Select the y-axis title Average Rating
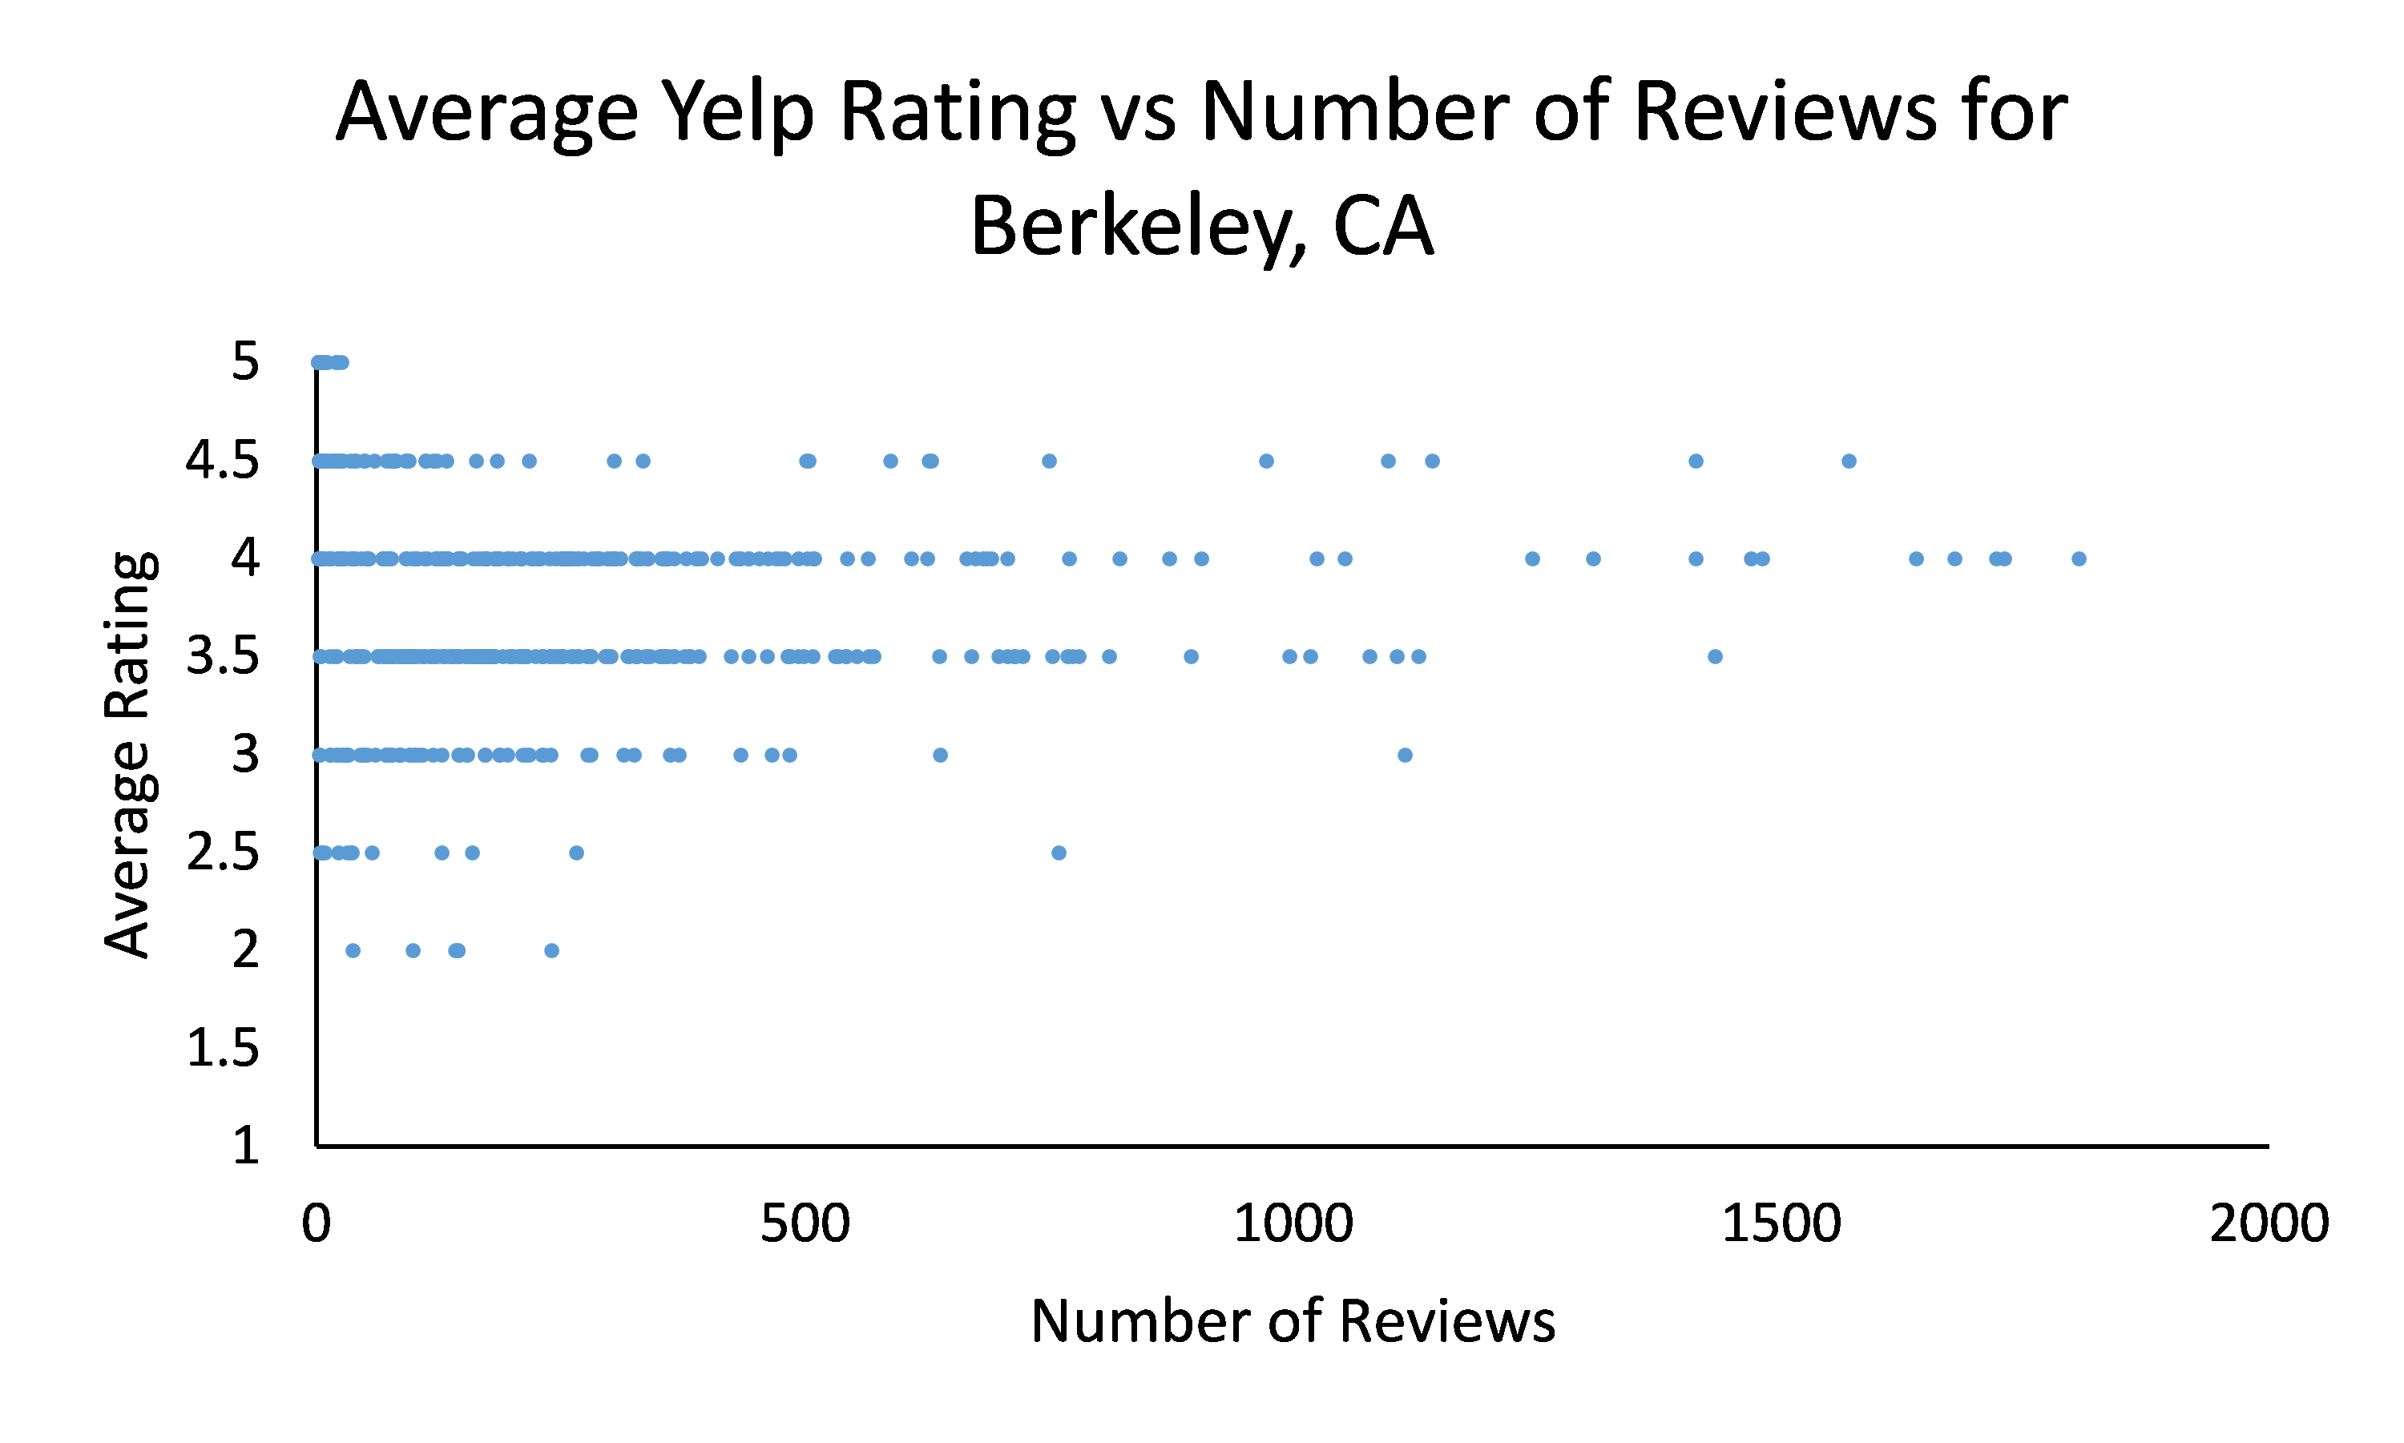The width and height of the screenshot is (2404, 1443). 128,755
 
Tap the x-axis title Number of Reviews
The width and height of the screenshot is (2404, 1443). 1293,1321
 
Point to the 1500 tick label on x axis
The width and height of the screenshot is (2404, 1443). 1781,1223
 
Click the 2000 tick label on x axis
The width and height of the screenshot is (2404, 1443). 2269,1223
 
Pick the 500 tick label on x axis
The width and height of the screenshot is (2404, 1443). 805,1223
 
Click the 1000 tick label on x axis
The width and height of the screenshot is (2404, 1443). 1293,1223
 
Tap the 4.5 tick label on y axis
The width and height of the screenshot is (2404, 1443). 223,460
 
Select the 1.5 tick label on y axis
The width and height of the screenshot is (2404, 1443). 223,1048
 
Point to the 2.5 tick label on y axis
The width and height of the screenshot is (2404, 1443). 223,852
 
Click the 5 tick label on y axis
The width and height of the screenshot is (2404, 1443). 246,361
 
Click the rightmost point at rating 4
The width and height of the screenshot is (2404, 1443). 2078,558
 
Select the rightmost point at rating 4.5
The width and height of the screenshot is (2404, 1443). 1849,461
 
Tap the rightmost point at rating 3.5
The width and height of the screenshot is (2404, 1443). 1715,656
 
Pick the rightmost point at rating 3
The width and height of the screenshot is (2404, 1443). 1404,755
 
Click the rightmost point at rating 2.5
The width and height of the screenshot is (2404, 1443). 1059,852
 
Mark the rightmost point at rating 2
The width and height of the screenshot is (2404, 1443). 551,950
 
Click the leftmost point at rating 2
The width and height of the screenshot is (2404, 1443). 353,950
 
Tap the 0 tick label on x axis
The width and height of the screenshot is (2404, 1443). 316,1223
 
